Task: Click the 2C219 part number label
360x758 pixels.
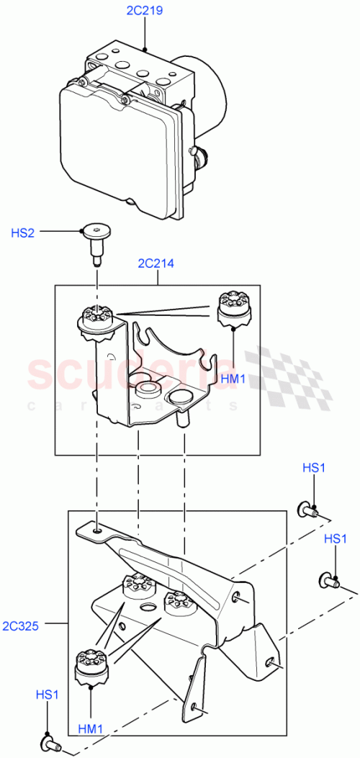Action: [x=145, y=12]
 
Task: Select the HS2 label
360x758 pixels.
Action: [x=22, y=232]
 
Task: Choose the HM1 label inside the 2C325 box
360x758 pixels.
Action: [x=91, y=728]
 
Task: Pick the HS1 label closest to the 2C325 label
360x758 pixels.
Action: [x=48, y=695]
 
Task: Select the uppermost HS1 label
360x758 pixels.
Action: [x=314, y=467]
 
